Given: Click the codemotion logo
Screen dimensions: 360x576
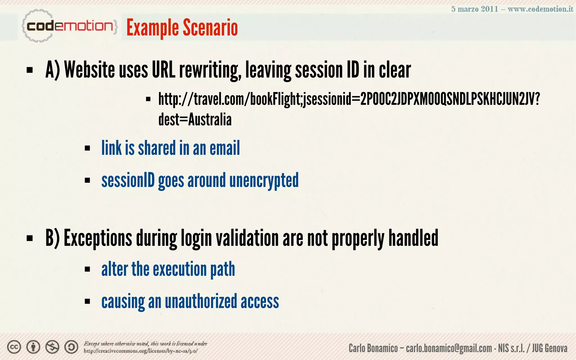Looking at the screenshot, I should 69,26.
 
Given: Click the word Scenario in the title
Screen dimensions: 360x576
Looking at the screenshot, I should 210,28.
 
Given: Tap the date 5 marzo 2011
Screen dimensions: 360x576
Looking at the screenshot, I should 474,9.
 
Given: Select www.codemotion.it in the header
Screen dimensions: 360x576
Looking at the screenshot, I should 540,9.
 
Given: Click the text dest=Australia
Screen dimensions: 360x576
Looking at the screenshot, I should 195,120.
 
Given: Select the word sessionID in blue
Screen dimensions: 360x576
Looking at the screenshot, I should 128,181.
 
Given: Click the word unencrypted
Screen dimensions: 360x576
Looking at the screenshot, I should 264,181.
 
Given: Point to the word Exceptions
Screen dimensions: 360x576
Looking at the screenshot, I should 98,238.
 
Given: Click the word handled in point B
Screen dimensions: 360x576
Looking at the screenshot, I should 413,238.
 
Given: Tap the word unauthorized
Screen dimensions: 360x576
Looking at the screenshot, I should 201,301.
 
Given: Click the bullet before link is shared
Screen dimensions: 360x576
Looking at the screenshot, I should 87,148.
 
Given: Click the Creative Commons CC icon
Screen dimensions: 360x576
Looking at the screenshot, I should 14,347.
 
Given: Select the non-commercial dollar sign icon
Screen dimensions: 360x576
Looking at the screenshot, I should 52,347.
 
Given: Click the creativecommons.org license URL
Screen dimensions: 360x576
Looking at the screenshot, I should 141,351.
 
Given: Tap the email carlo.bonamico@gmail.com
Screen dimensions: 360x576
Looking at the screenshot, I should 449,348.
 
